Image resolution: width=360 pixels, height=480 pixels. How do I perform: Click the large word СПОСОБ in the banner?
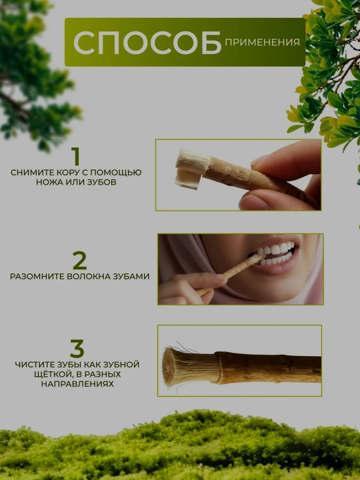(147, 43)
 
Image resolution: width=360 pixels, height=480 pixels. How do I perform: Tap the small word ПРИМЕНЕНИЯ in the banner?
(263, 42)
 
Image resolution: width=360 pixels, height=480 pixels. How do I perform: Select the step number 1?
(75, 157)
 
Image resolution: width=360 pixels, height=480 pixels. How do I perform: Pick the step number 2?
(79, 260)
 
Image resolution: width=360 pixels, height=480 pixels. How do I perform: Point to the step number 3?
(77, 349)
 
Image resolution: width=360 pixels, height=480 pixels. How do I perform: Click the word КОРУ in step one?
(67, 173)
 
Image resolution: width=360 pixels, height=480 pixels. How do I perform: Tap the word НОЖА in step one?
(48, 182)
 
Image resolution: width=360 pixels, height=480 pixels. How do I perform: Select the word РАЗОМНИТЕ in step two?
(37, 276)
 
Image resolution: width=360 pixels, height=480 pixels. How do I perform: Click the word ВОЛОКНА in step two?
(89, 276)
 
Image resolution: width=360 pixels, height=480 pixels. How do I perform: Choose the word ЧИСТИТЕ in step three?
(35, 365)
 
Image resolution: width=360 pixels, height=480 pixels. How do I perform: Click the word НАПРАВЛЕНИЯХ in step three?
(77, 384)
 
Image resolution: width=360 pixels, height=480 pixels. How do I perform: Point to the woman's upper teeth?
(275, 249)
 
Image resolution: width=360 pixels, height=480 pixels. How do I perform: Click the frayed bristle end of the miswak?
(190, 366)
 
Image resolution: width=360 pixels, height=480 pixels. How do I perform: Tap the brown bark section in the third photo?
(269, 368)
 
